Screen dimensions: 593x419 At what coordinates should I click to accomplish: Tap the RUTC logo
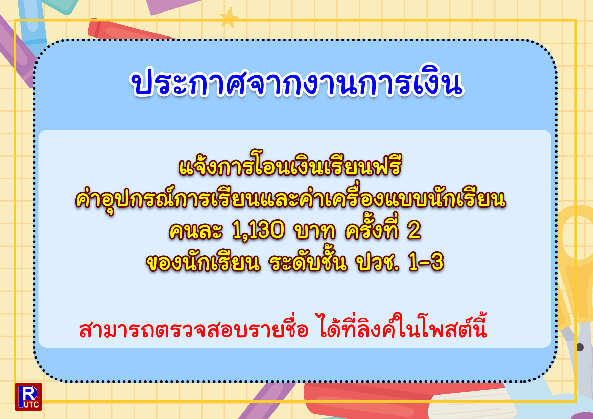point(28,397)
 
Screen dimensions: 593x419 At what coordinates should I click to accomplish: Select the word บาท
point(315,231)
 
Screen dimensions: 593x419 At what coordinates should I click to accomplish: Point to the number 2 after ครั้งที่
point(414,230)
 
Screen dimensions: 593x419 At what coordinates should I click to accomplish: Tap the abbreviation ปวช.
point(378,262)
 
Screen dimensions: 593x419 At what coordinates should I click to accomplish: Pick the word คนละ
point(196,231)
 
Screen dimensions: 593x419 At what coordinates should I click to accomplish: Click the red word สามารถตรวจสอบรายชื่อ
point(194,329)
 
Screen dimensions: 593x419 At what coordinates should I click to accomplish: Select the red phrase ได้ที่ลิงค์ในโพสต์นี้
point(402,326)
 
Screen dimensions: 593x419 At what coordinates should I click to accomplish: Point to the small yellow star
point(229,18)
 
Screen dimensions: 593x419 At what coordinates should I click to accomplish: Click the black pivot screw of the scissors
point(580,347)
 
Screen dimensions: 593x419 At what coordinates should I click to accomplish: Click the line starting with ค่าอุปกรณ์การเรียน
point(291,199)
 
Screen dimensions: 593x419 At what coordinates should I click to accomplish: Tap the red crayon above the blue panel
point(128,30)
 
